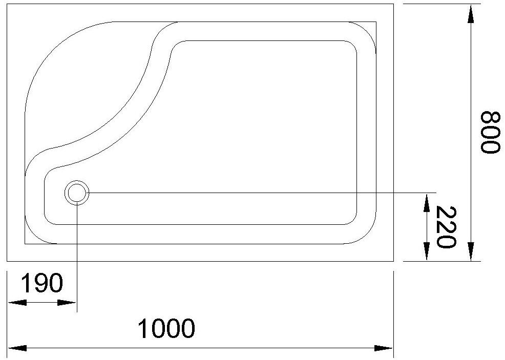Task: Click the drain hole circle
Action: click(77, 193)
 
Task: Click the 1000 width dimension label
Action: click(167, 329)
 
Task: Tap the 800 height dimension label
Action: click(490, 132)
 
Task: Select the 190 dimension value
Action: click(43, 283)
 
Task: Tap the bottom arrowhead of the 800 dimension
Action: click(470, 252)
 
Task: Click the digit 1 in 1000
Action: click(144, 329)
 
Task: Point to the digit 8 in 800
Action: click(490, 118)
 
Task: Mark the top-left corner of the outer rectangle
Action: click(7, 4)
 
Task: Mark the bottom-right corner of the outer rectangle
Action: click(393, 261)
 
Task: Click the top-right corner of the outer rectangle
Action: click(393, 4)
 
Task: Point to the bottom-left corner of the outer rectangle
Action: click(7, 261)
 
